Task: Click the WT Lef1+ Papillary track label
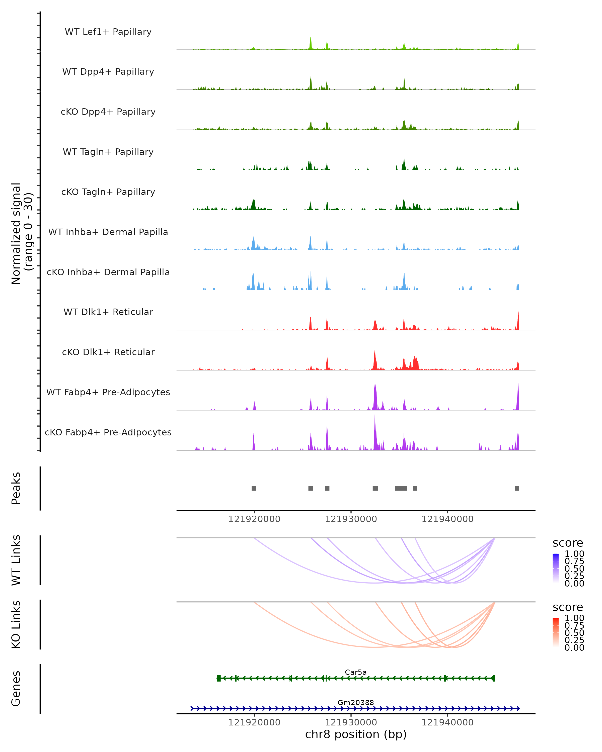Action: point(108,32)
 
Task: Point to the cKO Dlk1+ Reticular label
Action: point(108,352)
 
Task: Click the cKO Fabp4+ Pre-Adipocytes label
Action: point(108,432)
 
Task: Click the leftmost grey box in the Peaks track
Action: point(254,488)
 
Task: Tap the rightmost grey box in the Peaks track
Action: point(517,488)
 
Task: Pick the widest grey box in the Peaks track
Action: point(401,488)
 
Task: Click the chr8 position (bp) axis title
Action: point(356,734)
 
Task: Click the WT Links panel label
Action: point(16,560)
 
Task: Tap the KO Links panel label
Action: point(16,624)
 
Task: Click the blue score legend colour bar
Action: point(556,568)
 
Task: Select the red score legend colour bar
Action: point(556,632)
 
